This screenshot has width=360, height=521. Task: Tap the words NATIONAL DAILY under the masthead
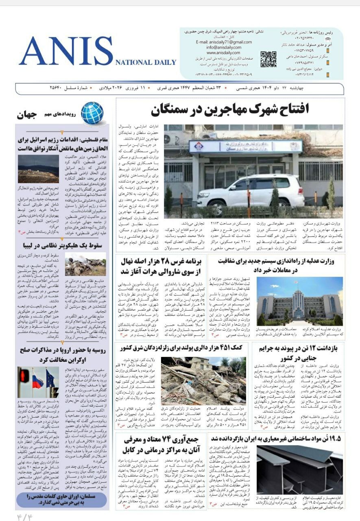pos(146,62)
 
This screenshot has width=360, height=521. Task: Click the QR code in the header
pos(268,59)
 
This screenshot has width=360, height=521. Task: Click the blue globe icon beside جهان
pos(92,112)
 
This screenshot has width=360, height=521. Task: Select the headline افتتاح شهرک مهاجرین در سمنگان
pos(229,109)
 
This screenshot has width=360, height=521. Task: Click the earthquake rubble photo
pos(203,381)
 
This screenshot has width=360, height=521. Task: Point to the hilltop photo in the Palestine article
pos(39,169)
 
